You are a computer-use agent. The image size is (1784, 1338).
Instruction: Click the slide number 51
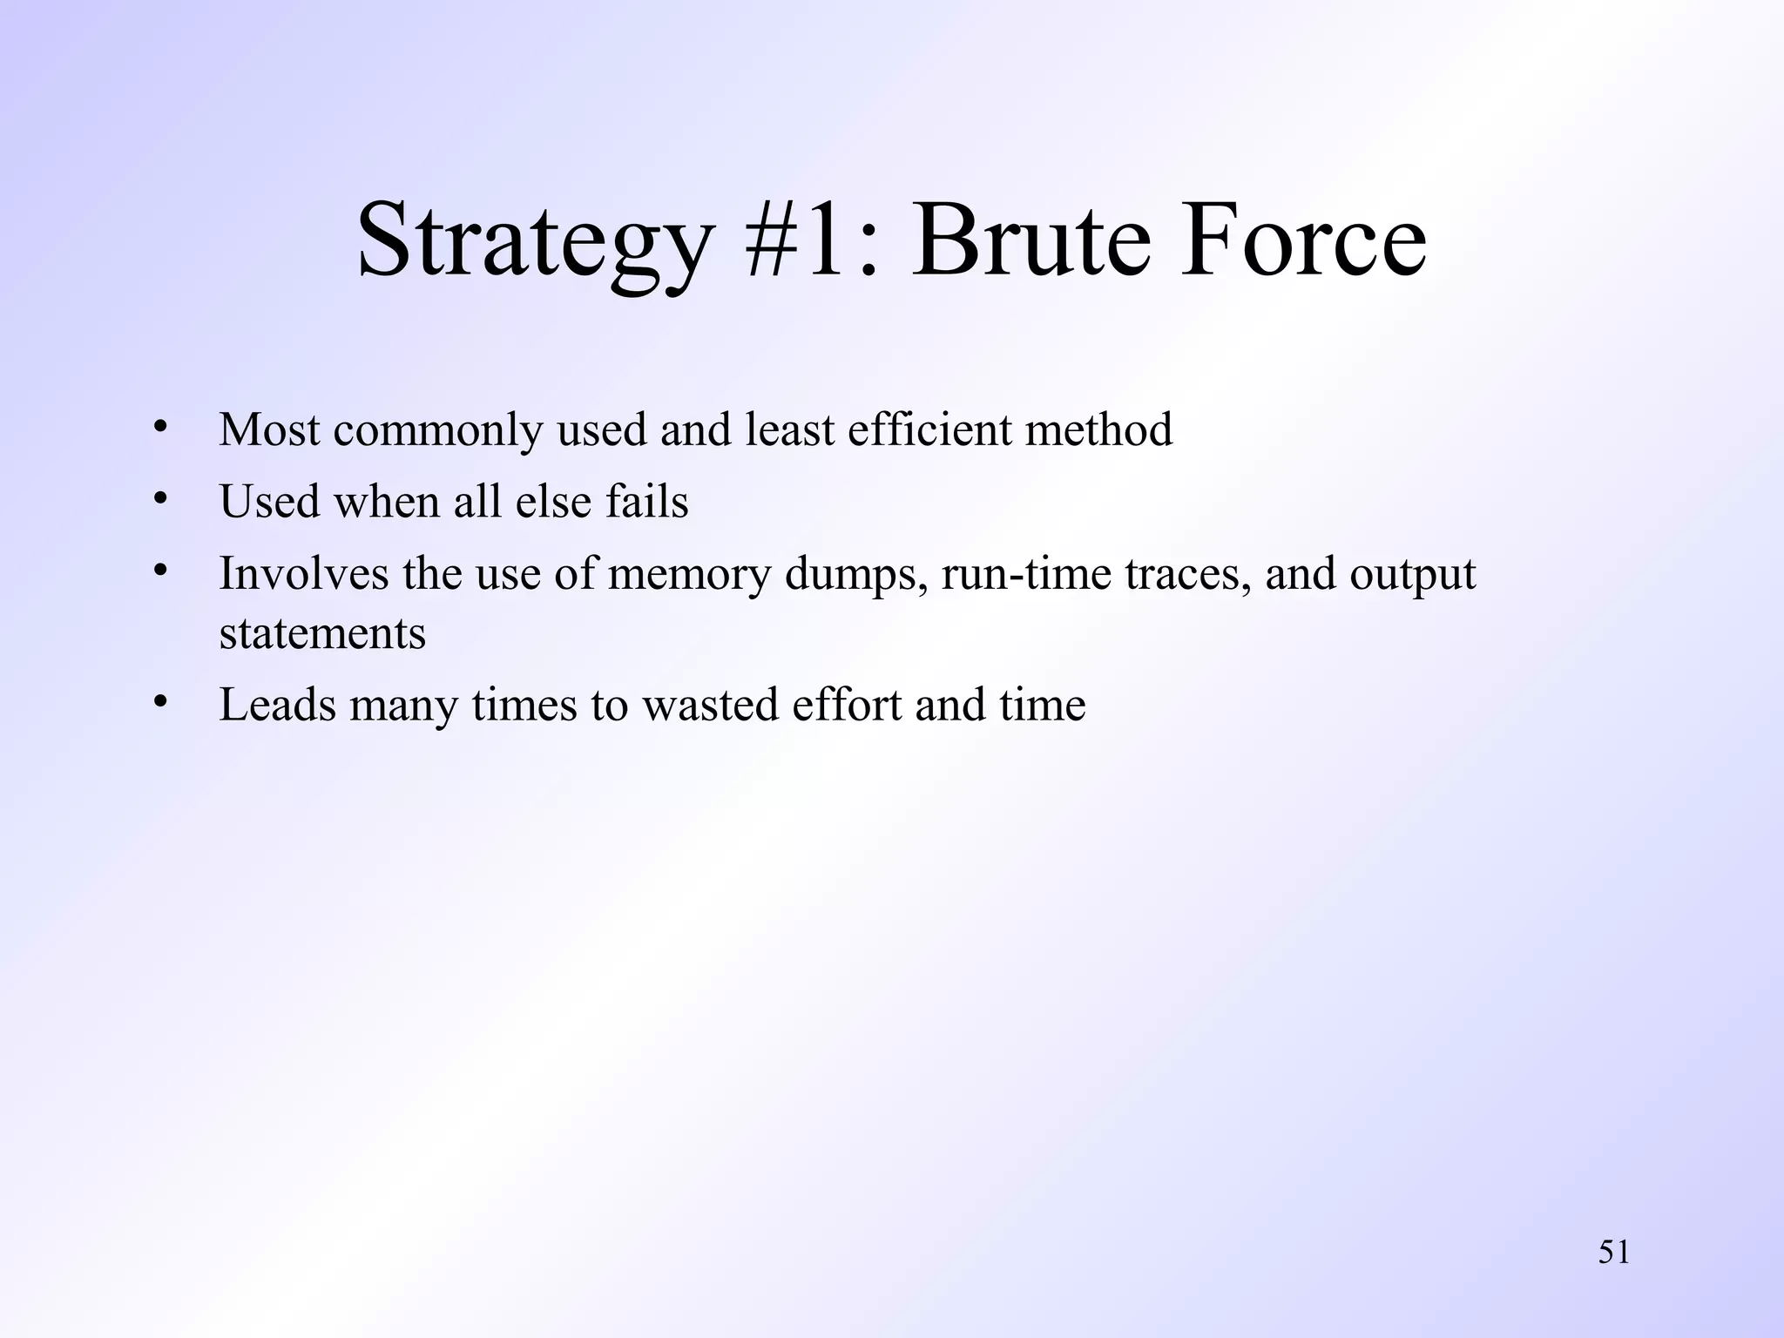1613,1253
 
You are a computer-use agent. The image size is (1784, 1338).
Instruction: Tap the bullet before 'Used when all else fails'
159,499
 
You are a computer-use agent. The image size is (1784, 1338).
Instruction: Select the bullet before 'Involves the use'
159,571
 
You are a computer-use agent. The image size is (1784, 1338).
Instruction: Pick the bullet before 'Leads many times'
159,702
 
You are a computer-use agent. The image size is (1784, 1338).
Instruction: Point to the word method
1098,429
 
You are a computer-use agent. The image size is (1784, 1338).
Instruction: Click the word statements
322,633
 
